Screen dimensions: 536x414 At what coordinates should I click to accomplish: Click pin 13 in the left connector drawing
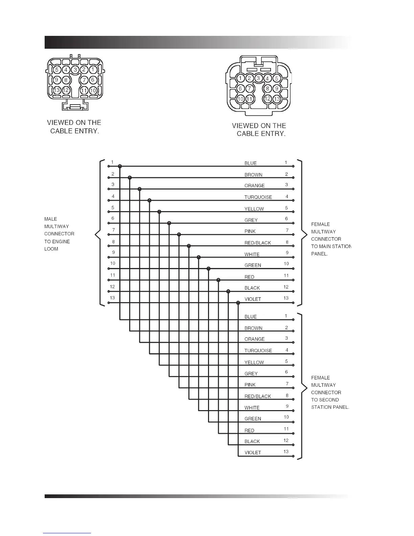point(57,90)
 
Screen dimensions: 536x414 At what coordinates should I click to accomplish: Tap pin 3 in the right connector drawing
point(258,79)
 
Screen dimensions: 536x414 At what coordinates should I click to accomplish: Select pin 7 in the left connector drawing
point(84,80)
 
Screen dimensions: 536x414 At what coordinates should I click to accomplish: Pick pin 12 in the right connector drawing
point(268,99)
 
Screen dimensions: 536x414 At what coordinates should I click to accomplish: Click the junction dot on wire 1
point(120,166)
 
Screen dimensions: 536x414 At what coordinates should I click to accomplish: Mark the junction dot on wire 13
point(238,303)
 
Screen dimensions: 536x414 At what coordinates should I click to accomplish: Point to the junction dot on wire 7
point(179,234)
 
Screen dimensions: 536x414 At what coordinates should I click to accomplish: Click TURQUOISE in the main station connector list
point(258,197)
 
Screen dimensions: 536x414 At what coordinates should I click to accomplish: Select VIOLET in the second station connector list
point(253,452)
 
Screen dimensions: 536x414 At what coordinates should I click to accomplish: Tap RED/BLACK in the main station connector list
point(258,243)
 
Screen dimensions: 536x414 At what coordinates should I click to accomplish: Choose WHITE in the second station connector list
point(252,408)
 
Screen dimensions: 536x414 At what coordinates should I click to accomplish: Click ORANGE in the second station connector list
point(254,339)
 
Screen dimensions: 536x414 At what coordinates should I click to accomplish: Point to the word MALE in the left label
point(51,219)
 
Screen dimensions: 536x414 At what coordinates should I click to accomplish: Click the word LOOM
point(51,249)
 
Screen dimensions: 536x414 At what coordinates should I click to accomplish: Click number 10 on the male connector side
point(113,263)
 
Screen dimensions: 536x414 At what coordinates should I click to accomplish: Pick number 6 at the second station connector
point(286,372)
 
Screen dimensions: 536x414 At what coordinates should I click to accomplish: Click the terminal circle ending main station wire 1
point(293,166)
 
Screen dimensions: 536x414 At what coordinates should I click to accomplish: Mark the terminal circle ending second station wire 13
point(293,456)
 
